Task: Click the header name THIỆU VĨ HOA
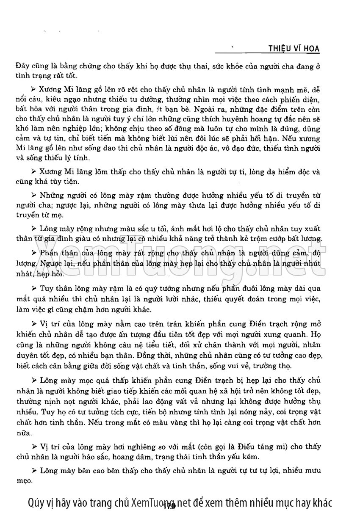[294, 49]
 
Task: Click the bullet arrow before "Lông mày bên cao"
[35, 471]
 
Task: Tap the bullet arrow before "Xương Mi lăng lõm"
[35, 172]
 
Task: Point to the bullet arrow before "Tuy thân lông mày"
[35, 289]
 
